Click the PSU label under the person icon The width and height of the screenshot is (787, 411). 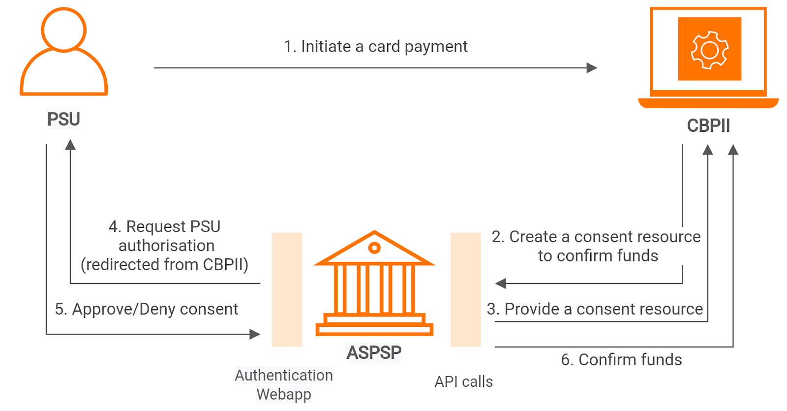(x=63, y=119)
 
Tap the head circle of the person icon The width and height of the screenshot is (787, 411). (x=63, y=30)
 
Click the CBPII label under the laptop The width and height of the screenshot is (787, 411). (x=708, y=126)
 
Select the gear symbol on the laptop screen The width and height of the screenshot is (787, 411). (x=709, y=50)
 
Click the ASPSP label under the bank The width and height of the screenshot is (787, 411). (x=374, y=352)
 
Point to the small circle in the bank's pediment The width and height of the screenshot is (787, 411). (x=374, y=248)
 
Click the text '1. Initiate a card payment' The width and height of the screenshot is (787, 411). (x=375, y=46)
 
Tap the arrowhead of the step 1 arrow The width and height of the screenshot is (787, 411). (x=592, y=68)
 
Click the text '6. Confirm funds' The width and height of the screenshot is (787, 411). (x=621, y=360)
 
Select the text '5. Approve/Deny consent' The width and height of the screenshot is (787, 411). (x=147, y=309)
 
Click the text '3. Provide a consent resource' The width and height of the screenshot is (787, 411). (x=595, y=309)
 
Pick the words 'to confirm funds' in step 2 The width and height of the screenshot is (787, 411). (x=598, y=256)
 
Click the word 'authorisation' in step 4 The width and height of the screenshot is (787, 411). (x=166, y=246)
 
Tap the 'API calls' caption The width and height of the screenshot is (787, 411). (x=463, y=381)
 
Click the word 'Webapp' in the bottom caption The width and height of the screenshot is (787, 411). (x=284, y=394)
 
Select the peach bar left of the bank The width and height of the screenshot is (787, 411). (x=287, y=289)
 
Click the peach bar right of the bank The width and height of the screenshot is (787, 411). (x=465, y=289)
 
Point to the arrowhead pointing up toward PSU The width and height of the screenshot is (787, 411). (x=70, y=144)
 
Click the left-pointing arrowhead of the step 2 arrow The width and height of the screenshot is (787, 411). (x=500, y=284)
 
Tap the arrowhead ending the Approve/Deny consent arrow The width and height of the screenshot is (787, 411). (x=254, y=334)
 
